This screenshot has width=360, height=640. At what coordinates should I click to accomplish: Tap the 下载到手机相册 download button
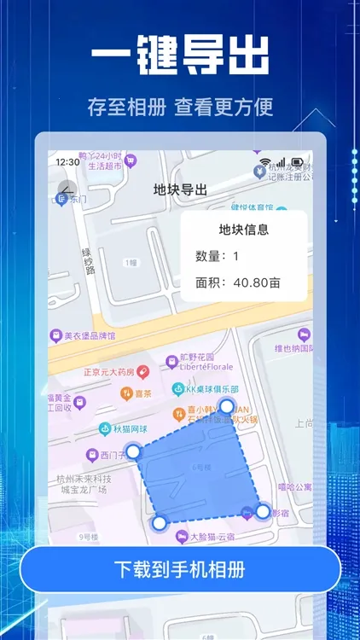pyautogui.click(x=179, y=569)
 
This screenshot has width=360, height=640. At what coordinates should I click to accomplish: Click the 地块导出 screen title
pyautogui.click(x=180, y=189)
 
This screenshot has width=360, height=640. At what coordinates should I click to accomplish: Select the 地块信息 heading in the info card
pyautogui.click(x=244, y=229)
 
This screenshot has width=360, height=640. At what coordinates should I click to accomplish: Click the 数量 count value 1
pyautogui.click(x=235, y=256)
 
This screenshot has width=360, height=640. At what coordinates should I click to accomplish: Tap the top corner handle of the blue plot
pyautogui.click(x=227, y=405)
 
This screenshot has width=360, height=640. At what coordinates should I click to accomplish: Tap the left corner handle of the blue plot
pyautogui.click(x=133, y=451)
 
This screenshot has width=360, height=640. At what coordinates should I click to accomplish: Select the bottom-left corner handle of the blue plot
pyautogui.click(x=159, y=522)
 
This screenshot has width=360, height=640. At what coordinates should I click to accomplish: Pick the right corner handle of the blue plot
pyautogui.click(x=263, y=511)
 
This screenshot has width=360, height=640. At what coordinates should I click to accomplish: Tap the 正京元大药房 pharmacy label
pyautogui.click(x=108, y=372)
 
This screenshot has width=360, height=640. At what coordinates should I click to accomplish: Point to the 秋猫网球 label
pyautogui.click(x=130, y=428)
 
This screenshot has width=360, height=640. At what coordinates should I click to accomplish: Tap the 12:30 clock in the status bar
pyautogui.click(x=67, y=161)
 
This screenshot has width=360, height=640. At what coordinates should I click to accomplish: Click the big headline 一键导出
pyautogui.click(x=180, y=58)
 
